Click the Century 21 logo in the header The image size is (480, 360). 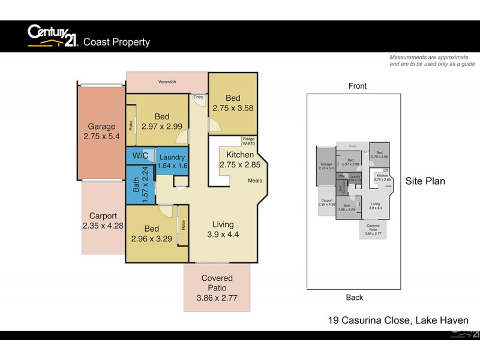click(53, 36)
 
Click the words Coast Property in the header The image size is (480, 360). click(116, 42)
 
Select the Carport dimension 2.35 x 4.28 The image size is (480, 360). click(103, 226)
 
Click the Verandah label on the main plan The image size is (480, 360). click(167, 82)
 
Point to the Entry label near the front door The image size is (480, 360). click(197, 97)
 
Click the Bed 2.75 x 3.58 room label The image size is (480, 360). click(233, 103)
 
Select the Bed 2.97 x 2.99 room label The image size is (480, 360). click(161, 122)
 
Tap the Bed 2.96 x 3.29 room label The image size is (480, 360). click(151, 233)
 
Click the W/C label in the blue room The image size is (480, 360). click(140, 156)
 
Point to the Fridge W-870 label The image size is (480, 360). click(248, 142)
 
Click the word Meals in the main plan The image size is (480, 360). click(254, 181)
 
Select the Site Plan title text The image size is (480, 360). click(425, 181)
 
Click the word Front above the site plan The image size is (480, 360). click(358, 86)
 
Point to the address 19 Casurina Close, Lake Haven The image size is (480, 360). click(398, 320)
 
